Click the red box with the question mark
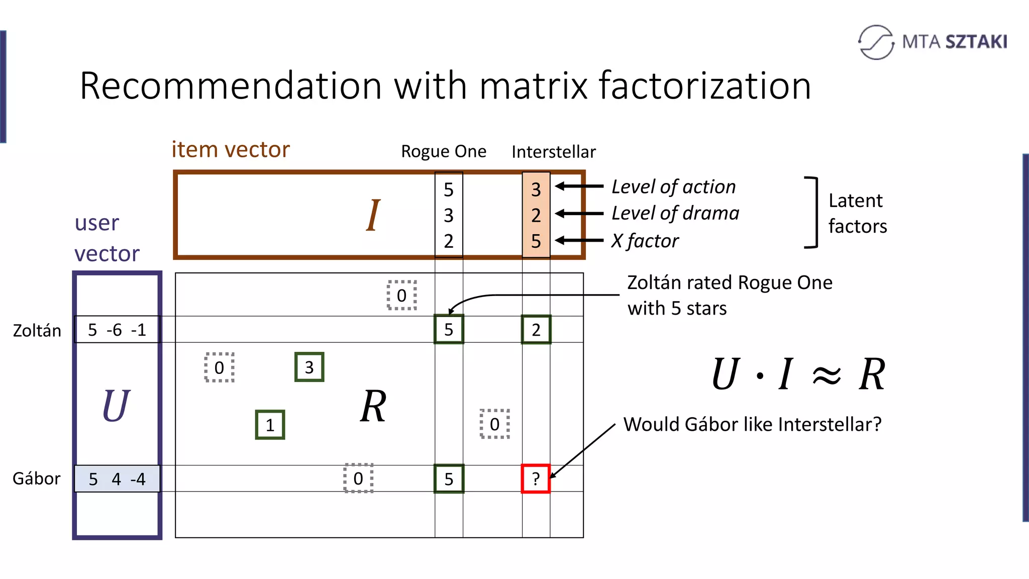click(536, 478)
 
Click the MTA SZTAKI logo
click(933, 42)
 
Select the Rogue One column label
click(443, 151)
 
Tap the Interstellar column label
click(553, 152)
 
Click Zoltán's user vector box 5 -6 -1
click(117, 330)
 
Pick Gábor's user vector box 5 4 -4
click(117, 478)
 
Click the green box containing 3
click(309, 367)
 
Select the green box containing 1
click(270, 425)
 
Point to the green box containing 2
click(536, 330)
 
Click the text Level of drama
click(675, 213)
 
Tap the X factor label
click(645, 241)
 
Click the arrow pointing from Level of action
click(579, 186)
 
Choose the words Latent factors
click(857, 213)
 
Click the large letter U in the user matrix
click(116, 406)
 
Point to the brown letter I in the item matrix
click(372, 215)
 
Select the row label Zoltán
click(37, 331)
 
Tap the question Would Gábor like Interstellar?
click(752, 424)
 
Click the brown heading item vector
click(231, 150)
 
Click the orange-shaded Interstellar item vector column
click(536, 215)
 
